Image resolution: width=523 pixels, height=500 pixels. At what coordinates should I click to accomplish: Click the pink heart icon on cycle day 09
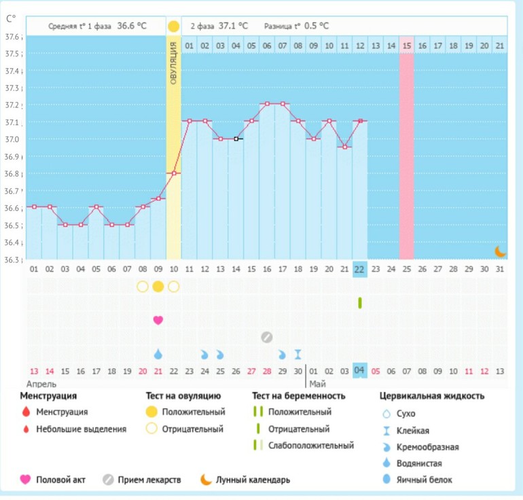click(x=158, y=320)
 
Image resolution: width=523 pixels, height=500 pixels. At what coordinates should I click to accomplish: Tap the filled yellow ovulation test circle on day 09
click(x=158, y=286)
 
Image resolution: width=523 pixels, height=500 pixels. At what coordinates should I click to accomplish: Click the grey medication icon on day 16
click(x=267, y=337)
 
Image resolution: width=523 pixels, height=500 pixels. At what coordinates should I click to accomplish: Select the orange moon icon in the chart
click(x=501, y=251)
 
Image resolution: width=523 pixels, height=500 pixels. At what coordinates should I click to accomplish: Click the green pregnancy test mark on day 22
click(x=360, y=303)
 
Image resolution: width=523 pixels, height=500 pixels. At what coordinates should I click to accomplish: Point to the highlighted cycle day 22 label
click(x=360, y=269)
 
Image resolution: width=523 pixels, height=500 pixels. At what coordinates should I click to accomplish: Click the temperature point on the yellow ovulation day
click(x=174, y=173)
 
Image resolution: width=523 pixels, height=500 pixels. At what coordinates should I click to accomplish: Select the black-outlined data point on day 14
click(x=236, y=139)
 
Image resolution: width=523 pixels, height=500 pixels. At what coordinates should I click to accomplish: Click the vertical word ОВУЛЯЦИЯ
click(x=174, y=62)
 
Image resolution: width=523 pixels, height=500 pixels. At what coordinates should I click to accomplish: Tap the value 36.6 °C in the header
click(x=132, y=26)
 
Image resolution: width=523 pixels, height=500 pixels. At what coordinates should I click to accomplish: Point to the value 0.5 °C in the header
click(x=316, y=26)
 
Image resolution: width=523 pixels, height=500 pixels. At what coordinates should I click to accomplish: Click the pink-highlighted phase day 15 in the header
click(x=406, y=45)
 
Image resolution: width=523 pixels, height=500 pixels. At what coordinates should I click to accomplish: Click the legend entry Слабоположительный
click(x=311, y=446)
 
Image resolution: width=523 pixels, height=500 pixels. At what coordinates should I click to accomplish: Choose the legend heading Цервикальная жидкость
click(x=431, y=396)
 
